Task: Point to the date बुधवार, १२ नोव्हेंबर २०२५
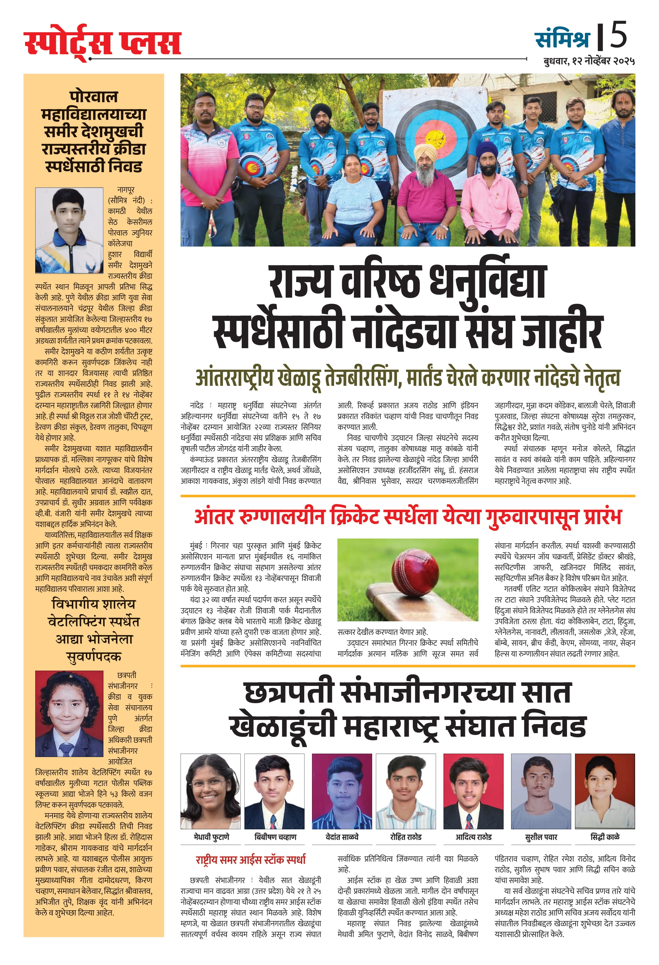click(588, 61)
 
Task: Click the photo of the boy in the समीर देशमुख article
click(69, 230)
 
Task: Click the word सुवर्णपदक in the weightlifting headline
click(94, 657)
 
